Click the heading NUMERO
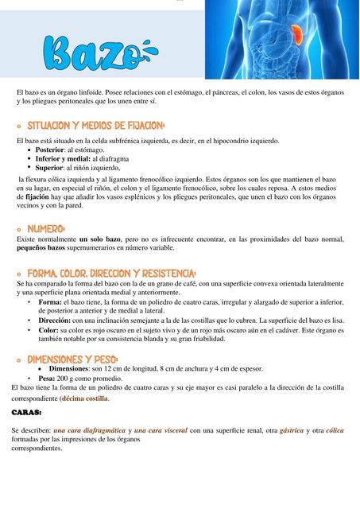click(46, 229)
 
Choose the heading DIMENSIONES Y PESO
click(72, 359)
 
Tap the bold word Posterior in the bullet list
click(49, 150)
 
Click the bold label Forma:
click(50, 302)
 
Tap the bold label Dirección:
click(56, 321)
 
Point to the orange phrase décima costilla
click(85, 398)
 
